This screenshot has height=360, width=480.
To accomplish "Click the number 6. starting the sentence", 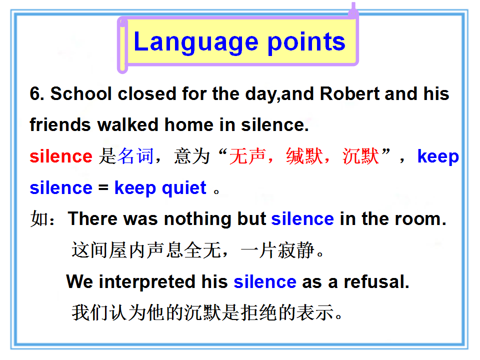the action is pos(37,93).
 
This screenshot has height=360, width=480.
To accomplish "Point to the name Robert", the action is pos(349,93).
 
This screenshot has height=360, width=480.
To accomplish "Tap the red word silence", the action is pos(61,156).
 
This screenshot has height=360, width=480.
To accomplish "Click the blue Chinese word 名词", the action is pos(135,156).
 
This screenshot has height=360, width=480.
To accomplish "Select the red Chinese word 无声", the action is pos(247,156).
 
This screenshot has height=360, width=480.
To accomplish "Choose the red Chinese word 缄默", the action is pos(304,156).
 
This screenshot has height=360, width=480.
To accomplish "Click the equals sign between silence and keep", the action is pos(103,187).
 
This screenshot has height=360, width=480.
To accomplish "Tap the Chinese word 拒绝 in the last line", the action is pos(259,312).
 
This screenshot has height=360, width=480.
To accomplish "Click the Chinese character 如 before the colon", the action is pos(39,218).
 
